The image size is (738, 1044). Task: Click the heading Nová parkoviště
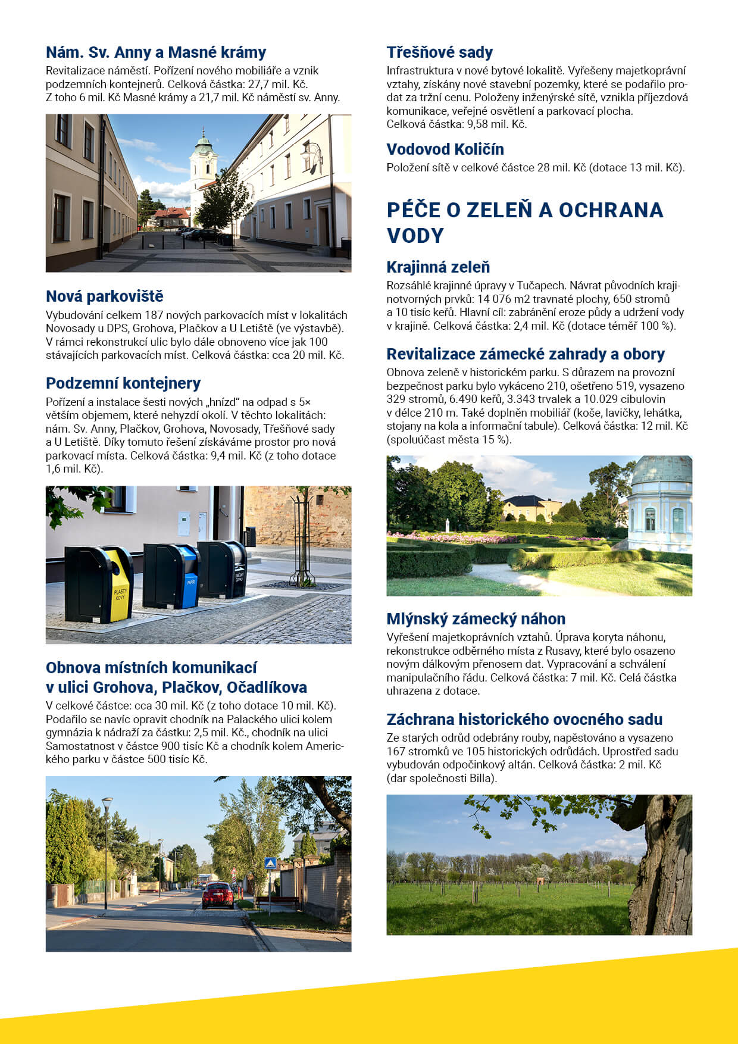(104, 296)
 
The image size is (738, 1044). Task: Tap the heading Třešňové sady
(439, 52)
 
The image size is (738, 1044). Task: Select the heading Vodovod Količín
(445, 149)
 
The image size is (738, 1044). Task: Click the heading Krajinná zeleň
(438, 267)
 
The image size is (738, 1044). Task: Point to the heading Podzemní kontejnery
(123, 383)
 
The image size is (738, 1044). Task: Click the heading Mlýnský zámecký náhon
(476, 618)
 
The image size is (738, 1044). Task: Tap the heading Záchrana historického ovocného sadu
(524, 719)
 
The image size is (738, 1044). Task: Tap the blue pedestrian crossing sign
(270, 863)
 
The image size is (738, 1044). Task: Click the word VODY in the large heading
(415, 236)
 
